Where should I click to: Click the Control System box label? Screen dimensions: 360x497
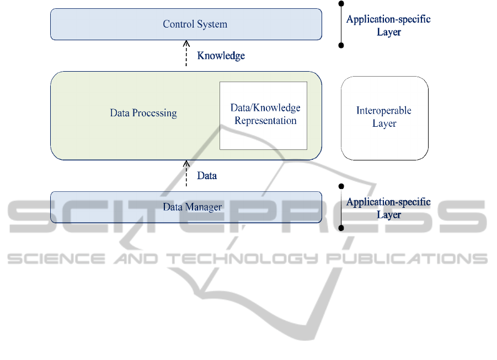click(195, 24)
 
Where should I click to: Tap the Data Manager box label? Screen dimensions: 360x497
click(192, 207)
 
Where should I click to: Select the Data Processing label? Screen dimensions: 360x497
click(143, 113)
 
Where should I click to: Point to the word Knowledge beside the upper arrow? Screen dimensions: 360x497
click(221, 56)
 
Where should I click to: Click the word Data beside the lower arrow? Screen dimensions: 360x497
click(207, 175)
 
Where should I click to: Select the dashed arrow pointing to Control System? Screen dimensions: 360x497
click(186, 55)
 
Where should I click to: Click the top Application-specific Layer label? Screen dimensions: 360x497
click(388, 25)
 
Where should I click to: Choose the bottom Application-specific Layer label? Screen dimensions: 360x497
click(388, 208)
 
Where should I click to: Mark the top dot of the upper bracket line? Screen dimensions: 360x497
click(341, 3)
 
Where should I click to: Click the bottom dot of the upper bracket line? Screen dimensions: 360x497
click(341, 45)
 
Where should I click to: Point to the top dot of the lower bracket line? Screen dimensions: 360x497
click(341, 186)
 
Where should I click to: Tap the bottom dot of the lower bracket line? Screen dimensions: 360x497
click(341, 227)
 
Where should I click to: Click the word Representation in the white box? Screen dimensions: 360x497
click(265, 121)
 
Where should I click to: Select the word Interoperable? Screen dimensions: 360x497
click(384, 111)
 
